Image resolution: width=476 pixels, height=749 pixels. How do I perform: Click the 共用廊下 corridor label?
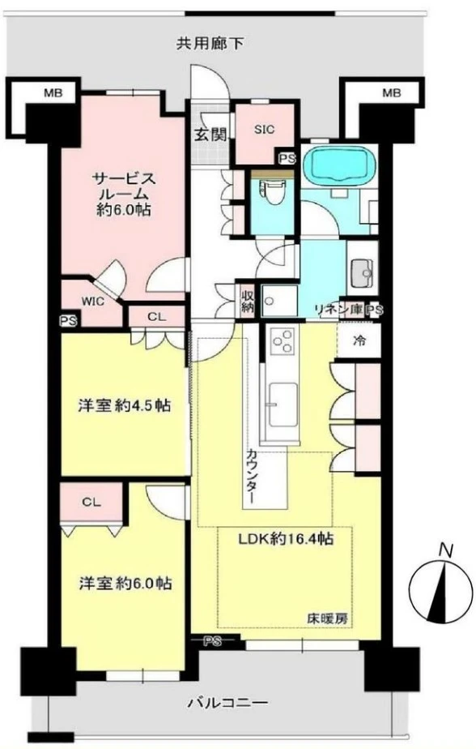point(210,44)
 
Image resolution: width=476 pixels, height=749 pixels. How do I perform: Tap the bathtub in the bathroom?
point(338,164)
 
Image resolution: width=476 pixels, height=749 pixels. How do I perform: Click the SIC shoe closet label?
point(264,129)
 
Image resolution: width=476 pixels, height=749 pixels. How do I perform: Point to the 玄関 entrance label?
point(210,135)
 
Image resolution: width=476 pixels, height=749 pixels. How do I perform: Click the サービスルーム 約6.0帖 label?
point(124,194)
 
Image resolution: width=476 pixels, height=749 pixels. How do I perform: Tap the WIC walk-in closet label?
point(93,302)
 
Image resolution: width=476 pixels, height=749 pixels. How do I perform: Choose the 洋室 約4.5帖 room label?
point(124,406)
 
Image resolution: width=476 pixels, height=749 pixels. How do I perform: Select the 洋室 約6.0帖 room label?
point(125,584)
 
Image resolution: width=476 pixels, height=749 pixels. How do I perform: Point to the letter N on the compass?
point(446,550)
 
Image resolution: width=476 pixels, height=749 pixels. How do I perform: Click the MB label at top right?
point(392,92)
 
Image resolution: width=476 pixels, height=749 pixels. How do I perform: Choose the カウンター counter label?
point(251,476)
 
